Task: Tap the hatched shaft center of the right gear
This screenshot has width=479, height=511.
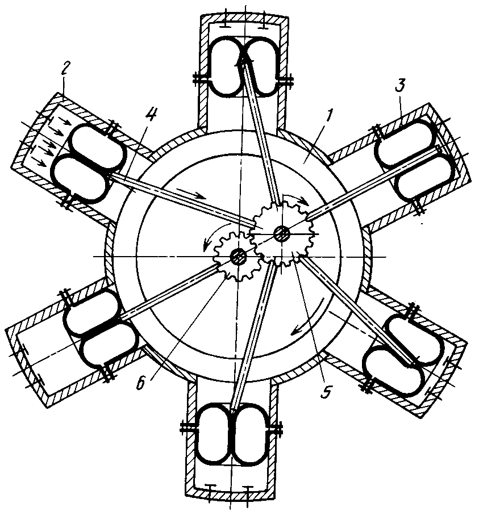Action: coord(281,232)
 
